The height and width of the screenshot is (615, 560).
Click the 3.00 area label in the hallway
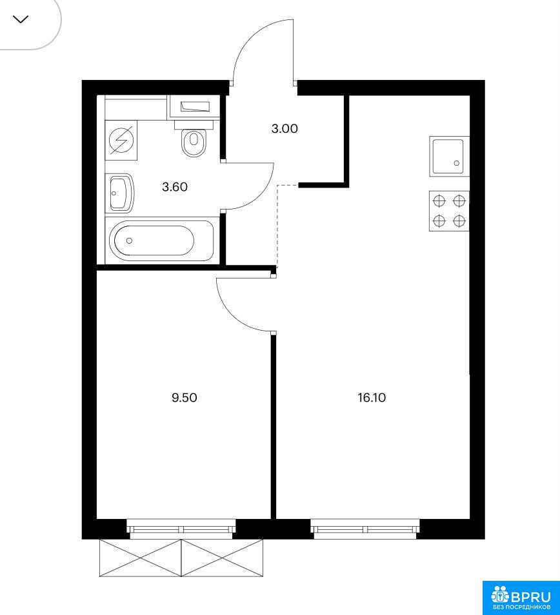[285, 129]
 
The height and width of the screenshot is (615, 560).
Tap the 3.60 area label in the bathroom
[175, 187]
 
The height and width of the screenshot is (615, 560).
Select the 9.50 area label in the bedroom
[184, 398]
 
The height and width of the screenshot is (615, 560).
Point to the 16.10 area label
[372, 398]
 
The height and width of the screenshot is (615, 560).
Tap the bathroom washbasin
[121, 194]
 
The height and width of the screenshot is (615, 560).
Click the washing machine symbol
[121, 140]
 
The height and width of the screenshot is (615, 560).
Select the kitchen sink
[449, 156]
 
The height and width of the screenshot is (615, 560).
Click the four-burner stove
[449, 211]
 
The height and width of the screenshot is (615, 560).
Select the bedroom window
[181, 526]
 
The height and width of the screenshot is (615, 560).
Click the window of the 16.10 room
[365, 526]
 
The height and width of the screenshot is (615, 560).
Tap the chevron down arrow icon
[21, 19]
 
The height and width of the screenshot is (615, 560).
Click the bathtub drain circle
[130, 240]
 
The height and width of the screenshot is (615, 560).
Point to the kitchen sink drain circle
[456, 163]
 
